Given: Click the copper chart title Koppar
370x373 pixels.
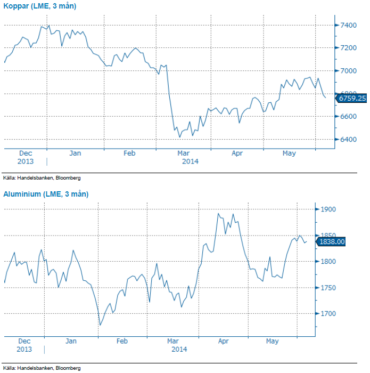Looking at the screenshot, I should point(39,6).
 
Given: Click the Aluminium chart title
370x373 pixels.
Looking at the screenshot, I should point(46,194).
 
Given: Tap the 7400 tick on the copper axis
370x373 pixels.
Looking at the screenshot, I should point(349,25).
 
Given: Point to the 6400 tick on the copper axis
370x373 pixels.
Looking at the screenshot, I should point(349,139).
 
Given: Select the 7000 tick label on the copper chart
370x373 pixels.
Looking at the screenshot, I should point(349,70).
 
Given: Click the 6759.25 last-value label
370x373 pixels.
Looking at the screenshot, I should point(351,98).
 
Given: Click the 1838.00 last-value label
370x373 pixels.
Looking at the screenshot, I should point(332,242).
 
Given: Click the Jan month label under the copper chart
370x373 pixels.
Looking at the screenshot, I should point(75,153).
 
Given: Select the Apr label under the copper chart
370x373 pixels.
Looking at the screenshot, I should point(237,153).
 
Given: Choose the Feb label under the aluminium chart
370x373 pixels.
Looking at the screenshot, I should point(122,341).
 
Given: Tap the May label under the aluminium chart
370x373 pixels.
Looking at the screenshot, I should point(272,341).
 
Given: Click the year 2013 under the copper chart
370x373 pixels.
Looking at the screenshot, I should point(24,161).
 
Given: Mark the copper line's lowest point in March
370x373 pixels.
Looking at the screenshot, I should point(179,137).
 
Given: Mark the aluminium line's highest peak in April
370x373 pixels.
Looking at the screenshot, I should point(218,214).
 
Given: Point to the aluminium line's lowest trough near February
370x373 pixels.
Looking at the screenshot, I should point(100,325).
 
